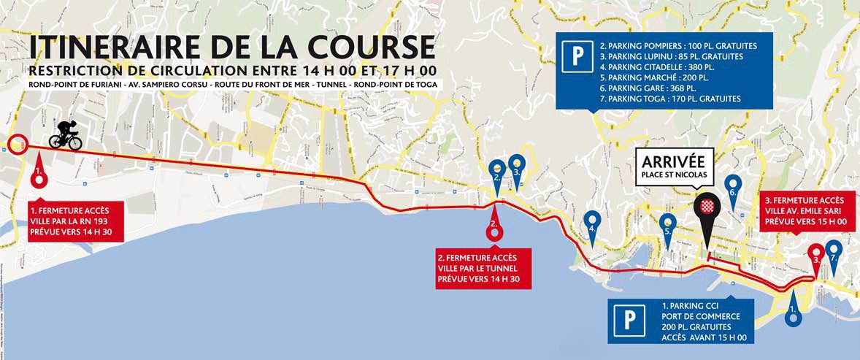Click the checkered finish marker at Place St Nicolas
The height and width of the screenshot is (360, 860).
706,207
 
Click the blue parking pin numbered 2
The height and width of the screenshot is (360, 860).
497,171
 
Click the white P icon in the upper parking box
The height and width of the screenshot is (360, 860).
577,55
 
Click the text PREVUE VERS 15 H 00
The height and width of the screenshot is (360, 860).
805,222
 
